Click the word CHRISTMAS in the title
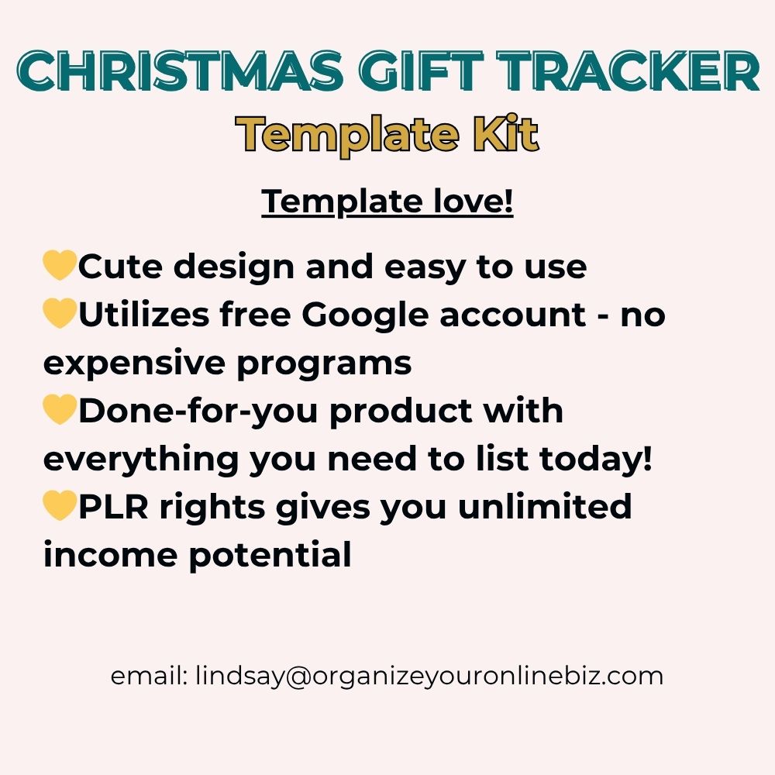(181, 71)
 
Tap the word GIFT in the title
(421, 71)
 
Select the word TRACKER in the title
(628, 71)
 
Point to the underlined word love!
(474, 201)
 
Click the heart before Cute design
(60, 265)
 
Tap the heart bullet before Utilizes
(60, 313)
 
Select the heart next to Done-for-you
(60, 409)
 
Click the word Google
(365, 315)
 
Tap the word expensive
(134, 364)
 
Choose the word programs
(324, 364)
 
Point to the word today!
(595, 458)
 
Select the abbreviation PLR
(113, 507)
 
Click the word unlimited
(545, 506)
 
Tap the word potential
(270, 556)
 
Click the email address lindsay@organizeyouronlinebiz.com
(429, 676)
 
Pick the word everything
(141, 460)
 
